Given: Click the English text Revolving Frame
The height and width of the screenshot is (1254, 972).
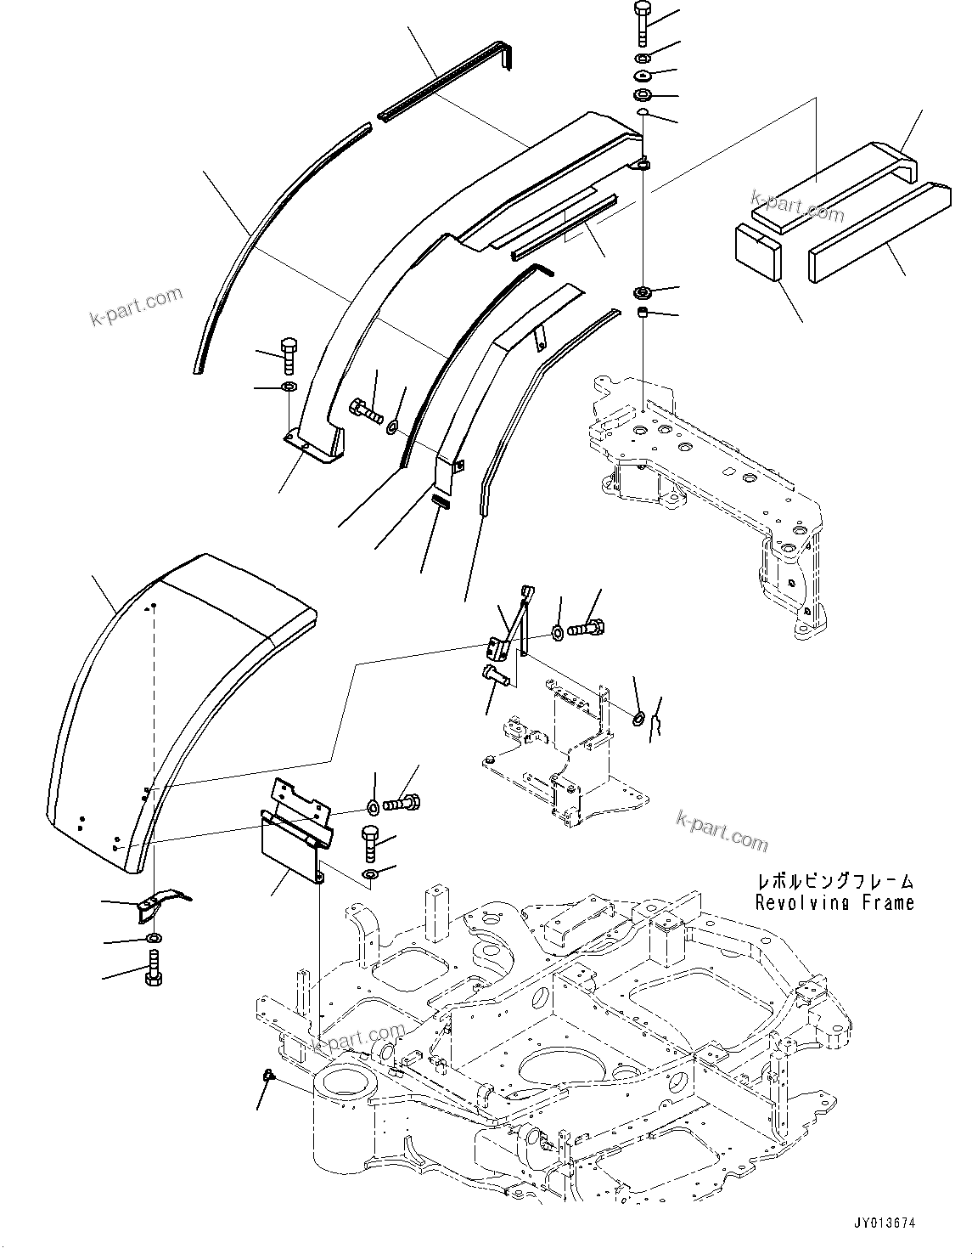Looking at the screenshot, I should point(835,902).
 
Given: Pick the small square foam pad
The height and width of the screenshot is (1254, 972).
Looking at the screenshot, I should point(756,251).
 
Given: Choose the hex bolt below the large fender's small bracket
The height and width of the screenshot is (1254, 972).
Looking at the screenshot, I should point(153,969).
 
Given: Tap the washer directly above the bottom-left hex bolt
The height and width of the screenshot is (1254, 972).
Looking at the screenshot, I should point(153,937).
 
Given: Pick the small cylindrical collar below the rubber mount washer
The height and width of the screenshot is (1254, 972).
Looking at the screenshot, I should point(643,316).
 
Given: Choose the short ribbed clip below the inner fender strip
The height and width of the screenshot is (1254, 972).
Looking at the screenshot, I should point(440,500).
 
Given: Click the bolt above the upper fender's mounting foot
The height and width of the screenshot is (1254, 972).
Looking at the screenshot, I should point(287,354).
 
